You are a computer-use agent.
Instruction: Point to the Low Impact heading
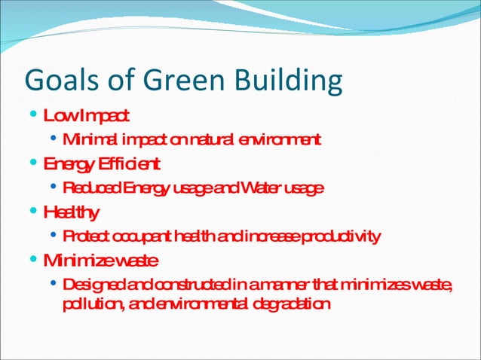(87, 116)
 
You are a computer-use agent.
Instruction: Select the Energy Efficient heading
(101, 163)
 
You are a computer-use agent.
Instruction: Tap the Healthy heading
(72, 212)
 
